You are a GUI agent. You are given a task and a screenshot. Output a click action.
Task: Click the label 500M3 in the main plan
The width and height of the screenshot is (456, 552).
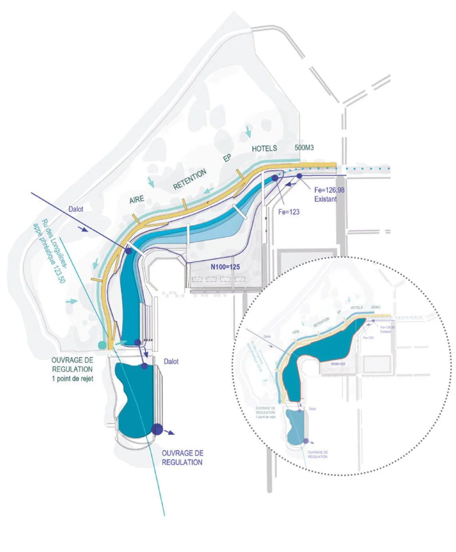304,148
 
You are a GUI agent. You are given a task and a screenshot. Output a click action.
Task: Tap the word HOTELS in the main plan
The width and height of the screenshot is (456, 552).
264,148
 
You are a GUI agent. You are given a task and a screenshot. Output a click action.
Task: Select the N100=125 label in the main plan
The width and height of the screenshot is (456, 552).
225,267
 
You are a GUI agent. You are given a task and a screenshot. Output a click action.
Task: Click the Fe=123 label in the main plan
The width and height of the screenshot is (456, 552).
289,212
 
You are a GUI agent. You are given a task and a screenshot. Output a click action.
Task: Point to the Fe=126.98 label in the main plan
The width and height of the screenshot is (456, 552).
329,190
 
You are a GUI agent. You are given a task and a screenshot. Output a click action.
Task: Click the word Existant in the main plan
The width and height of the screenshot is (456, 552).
325,199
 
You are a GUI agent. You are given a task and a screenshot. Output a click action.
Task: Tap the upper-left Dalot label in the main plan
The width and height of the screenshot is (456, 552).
76,209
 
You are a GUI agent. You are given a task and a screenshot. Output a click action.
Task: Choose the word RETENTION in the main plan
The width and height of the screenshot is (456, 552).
190,179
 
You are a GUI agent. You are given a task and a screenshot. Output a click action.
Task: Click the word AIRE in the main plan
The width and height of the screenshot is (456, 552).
137,199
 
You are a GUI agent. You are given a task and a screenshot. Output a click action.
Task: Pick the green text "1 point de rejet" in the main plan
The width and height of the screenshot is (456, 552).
72,379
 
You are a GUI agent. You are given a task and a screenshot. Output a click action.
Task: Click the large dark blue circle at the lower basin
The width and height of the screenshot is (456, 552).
157,429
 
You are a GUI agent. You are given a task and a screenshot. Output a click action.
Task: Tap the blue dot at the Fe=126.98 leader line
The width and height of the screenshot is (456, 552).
299,176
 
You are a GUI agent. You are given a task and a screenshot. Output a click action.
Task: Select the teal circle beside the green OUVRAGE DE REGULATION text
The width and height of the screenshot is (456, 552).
102,345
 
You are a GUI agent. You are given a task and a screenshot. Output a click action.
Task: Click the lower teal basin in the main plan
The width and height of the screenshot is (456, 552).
134,396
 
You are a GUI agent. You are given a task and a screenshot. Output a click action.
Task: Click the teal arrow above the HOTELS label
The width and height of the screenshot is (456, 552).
249,131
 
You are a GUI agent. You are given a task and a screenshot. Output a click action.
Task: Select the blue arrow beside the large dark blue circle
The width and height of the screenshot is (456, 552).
170,432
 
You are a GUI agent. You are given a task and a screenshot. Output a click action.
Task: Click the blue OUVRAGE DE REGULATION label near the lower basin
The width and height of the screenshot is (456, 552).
182,458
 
